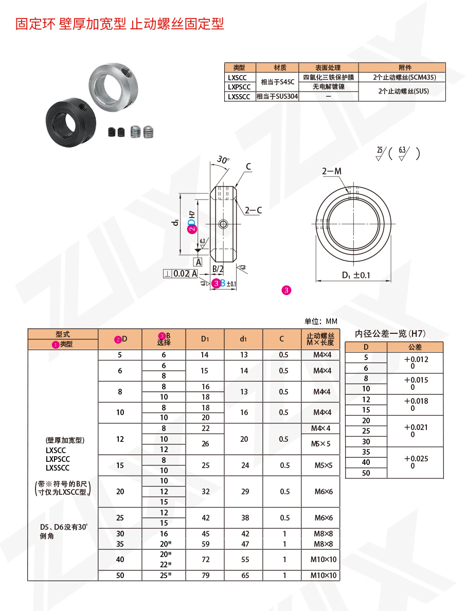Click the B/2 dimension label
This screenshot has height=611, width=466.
pos(218,269)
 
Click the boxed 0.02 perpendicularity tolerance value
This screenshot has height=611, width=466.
pos(181,274)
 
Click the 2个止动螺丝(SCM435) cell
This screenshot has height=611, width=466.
pos(402,77)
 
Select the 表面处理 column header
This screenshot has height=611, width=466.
pos(328,67)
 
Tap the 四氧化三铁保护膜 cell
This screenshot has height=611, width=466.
pos(328,77)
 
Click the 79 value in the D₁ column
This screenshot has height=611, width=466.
pos(205,576)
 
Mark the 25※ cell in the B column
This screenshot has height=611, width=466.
pos(165,576)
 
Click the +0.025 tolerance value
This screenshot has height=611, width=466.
pos(416,459)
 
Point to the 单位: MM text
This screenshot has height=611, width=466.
pos(320,321)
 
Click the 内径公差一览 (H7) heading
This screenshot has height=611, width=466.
pos(391,334)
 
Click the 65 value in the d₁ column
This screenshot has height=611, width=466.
pos(244,576)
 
